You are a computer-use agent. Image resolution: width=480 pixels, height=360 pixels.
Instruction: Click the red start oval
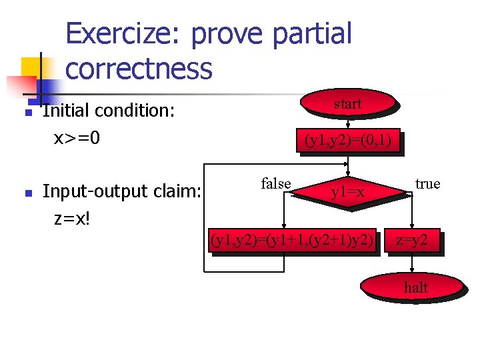(x=347, y=104)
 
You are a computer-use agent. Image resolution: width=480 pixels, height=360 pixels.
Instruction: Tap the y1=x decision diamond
(x=349, y=193)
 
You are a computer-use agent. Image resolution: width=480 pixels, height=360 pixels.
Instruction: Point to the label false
(x=276, y=184)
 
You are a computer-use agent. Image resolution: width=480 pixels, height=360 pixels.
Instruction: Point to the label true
(x=427, y=184)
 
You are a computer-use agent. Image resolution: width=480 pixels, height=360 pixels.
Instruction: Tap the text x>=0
(x=77, y=138)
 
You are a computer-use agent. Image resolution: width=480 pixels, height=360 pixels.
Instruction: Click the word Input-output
(x=94, y=192)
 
